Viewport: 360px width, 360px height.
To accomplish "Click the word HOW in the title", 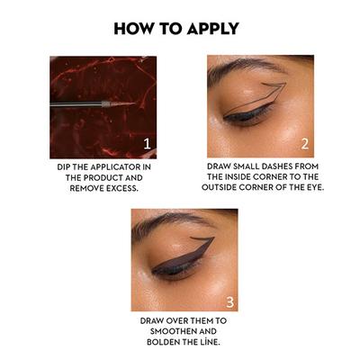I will pos(135,28).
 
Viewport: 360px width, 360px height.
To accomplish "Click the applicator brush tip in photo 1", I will pos(121,103).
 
